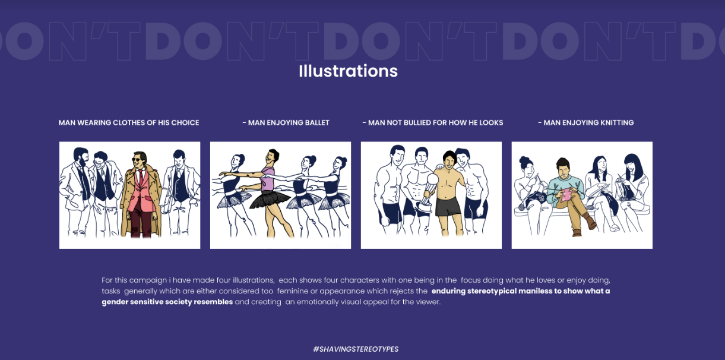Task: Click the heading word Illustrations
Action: [x=348, y=71]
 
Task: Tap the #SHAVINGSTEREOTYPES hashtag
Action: [x=356, y=349]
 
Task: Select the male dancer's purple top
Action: [x=268, y=179]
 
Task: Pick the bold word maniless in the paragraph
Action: [x=535, y=291]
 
